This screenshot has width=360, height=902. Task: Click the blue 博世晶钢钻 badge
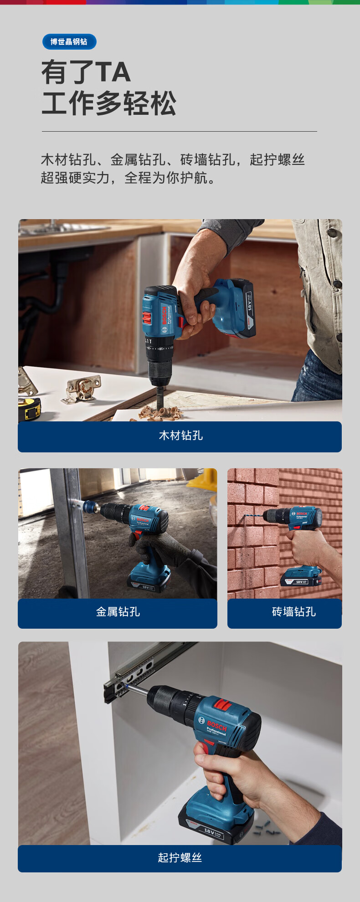[x=69, y=42]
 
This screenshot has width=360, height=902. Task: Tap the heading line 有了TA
[x=86, y=72]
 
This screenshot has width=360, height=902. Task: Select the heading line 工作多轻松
[x=108, y=103]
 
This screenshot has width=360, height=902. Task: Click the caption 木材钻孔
[x=180, y=436]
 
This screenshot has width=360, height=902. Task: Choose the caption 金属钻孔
[x=118, y=612]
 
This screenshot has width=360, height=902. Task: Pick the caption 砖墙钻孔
[x=293, y=612]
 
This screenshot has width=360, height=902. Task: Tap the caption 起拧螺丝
[x=180, y=858]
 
